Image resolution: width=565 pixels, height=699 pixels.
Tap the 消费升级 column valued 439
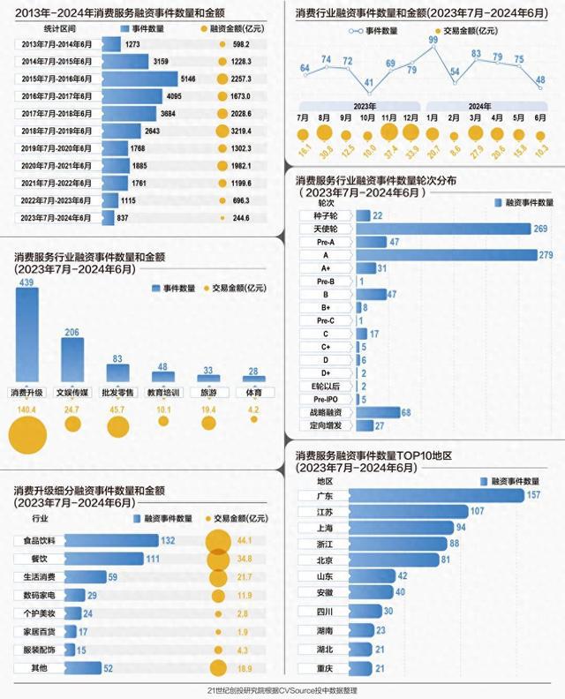pyautogui.click(x=27, y=335)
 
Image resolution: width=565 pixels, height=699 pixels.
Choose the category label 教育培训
pyautogui.click(x=162, y=392)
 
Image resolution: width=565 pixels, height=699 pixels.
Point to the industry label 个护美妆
pyautogui.click(x=36, y=613)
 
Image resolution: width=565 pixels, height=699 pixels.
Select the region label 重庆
pyautogui.click(x=325, y=668)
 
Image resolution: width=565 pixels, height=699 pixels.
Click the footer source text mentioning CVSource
pyautogui.click(x=282, y=690)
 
